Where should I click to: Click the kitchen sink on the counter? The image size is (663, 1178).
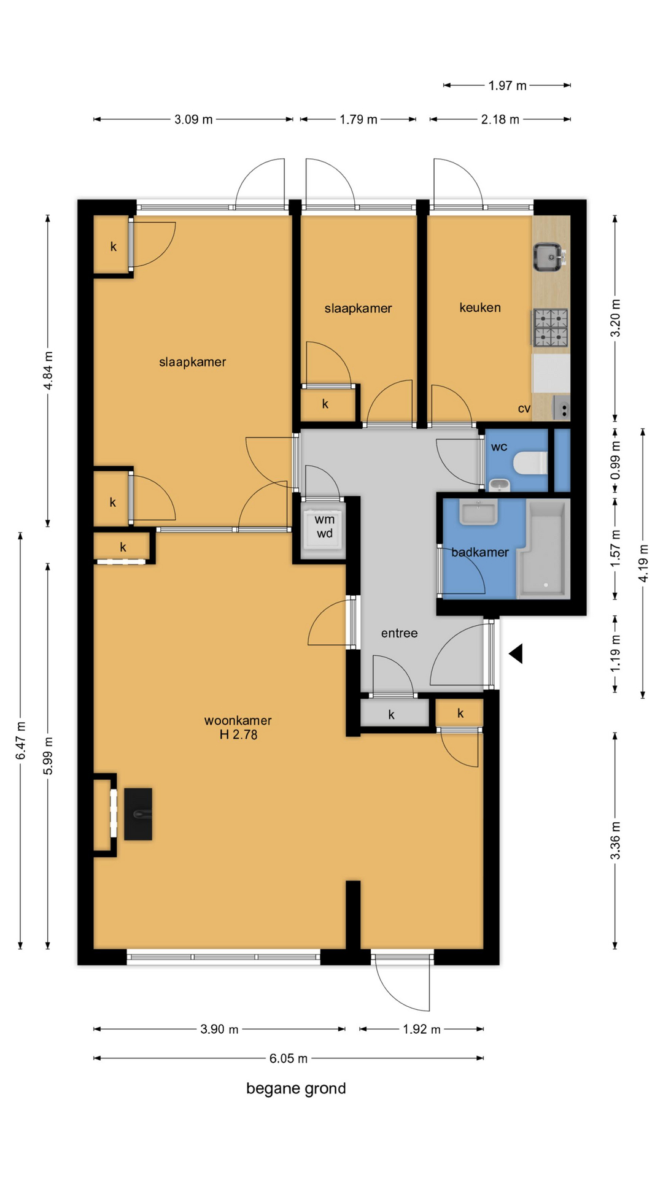pos(548,257)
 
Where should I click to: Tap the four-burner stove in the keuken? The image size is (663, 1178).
pos(551,328)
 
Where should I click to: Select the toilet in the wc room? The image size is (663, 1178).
pos(530,463)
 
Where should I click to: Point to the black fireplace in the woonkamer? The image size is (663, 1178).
pos(138,814)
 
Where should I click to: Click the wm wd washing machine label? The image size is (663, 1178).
pos(325,526)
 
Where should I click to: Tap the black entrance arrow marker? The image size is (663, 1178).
pos(516,653)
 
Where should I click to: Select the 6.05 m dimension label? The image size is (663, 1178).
pos(289,1058)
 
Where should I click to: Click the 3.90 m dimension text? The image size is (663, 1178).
pos(219,1029)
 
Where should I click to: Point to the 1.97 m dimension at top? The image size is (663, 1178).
pos(507,85)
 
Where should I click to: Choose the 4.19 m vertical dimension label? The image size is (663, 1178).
pos(643,563)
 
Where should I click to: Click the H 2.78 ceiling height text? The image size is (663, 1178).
pos(239,734)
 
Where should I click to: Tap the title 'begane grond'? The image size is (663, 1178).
pos(296,1088)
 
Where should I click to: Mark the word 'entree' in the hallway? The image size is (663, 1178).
pos(399,633)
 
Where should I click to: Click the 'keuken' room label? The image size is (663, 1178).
pos(480,307)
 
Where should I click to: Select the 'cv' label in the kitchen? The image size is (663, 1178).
pos(524,409)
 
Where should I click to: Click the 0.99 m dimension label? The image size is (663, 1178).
pos(615,460)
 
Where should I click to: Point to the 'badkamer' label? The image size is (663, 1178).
pos(480,552)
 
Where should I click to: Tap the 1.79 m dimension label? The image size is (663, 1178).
pos(359,119)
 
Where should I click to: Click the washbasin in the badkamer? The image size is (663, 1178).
pos(478,512)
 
